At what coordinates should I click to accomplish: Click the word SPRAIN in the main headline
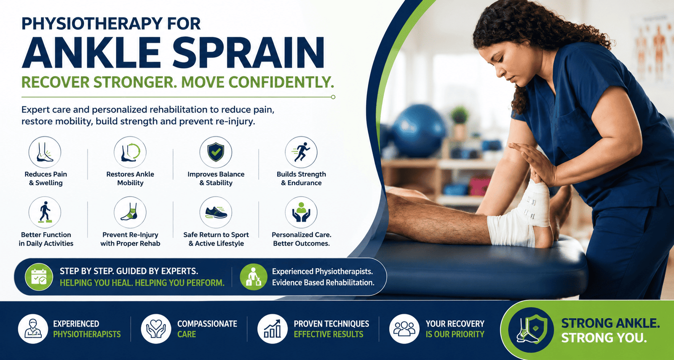(249, 53)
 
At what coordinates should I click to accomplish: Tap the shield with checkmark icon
(216, 152)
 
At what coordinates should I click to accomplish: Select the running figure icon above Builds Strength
(301, 152)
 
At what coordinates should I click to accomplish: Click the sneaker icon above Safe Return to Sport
(216, 212)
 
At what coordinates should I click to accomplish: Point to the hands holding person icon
(301, 212)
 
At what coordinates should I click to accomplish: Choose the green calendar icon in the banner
(39, 277)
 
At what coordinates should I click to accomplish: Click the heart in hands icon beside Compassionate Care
(156, 329)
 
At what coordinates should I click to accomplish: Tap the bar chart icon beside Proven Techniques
(272, 329)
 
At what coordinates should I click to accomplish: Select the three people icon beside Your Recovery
(404, 329)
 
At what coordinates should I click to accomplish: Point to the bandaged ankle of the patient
(519, 215)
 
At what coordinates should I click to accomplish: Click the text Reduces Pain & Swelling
(46, 178)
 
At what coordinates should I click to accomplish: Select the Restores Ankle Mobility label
(130, 178)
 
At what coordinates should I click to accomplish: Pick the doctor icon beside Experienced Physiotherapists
(33, 329)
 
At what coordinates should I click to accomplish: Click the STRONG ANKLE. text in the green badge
(610, 323)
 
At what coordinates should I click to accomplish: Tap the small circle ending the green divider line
(333, 97)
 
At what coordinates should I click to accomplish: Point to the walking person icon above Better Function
(45, 212)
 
